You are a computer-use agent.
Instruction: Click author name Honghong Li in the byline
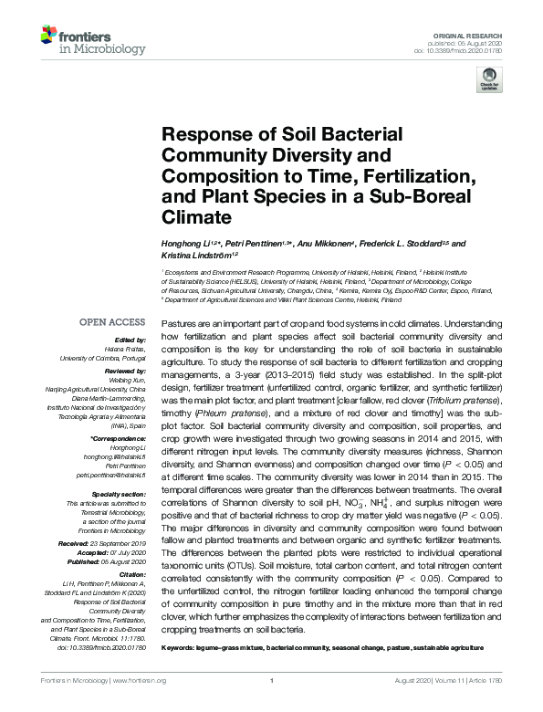[184, 244]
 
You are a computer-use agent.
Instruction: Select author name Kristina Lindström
[194, 256]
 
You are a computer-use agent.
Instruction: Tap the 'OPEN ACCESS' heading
[112, 322]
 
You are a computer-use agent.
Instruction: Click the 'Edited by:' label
[129, 339]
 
